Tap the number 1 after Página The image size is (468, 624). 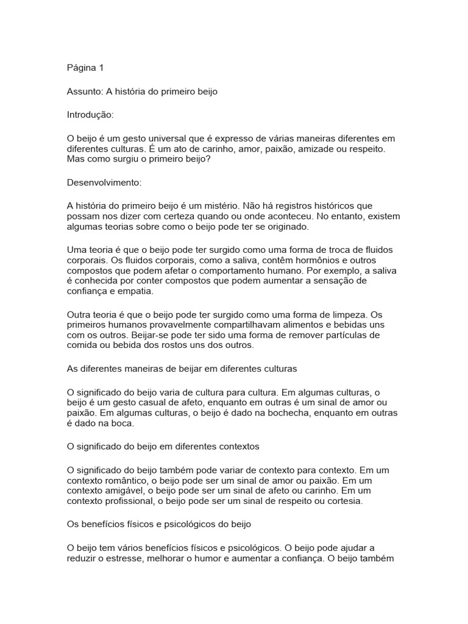pyautogui.click(x=102, y=68)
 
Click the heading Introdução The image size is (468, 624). pyautogui.click(x=90, y=115)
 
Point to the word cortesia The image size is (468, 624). pyautogui.click(x=343, y=501)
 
